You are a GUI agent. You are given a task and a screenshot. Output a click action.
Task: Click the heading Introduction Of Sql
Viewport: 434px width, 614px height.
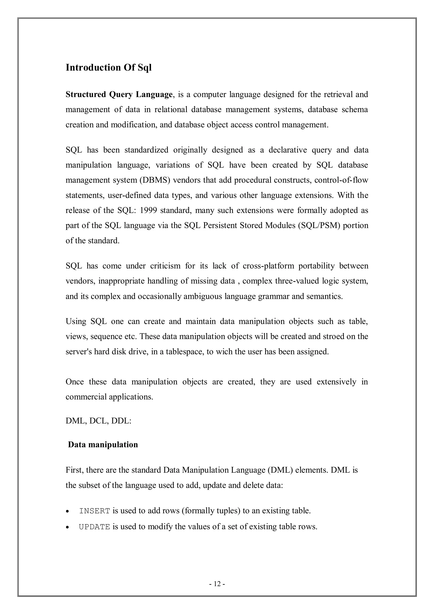coord(108,68)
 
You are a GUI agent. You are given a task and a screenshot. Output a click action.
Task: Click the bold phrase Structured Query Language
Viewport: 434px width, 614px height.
coord(119,94)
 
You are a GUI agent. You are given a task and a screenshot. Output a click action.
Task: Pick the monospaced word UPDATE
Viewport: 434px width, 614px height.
coord(95,527)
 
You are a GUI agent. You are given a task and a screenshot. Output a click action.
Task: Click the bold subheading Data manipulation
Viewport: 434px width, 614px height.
coord(103,445)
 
